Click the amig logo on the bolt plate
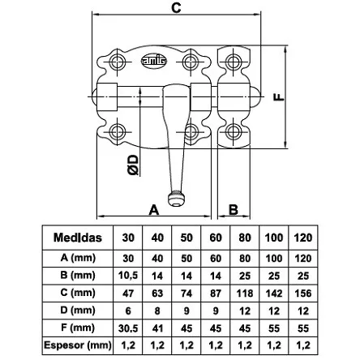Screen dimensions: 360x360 click(x=154, y=62)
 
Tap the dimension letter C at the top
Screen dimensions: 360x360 click(x=176, y=8)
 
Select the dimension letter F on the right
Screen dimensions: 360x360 click(x=279, y=97)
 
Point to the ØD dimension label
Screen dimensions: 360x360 click(x=133, y=165)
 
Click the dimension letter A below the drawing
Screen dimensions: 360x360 click(x=154, y=210)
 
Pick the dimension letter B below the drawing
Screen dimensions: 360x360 click(x=234, y=209)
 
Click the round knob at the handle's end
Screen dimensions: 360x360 click(x=177, y=199)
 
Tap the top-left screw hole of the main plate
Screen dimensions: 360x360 click(x=117, y=62)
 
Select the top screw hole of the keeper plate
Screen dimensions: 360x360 click(x=233, y=62)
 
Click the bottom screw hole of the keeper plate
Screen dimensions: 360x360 click(x=233, y=131)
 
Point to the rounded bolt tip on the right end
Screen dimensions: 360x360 click(x=256, y=96)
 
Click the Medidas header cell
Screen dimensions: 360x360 click(x=78, y=238)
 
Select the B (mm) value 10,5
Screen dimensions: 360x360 click(x=128, y=276)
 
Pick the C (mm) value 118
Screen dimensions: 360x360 click(x=245, y=294)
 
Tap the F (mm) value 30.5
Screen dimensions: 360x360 click(x=128, y=328)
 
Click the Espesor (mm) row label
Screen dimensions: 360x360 click(x=78, y=345)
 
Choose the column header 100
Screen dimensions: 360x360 click(x=274, y=238)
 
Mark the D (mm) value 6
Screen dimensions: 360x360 click(x=128, y=311)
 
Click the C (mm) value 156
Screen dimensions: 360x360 click(x=303, y=294)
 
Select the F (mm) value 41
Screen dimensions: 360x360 click(x=157, y=328)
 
